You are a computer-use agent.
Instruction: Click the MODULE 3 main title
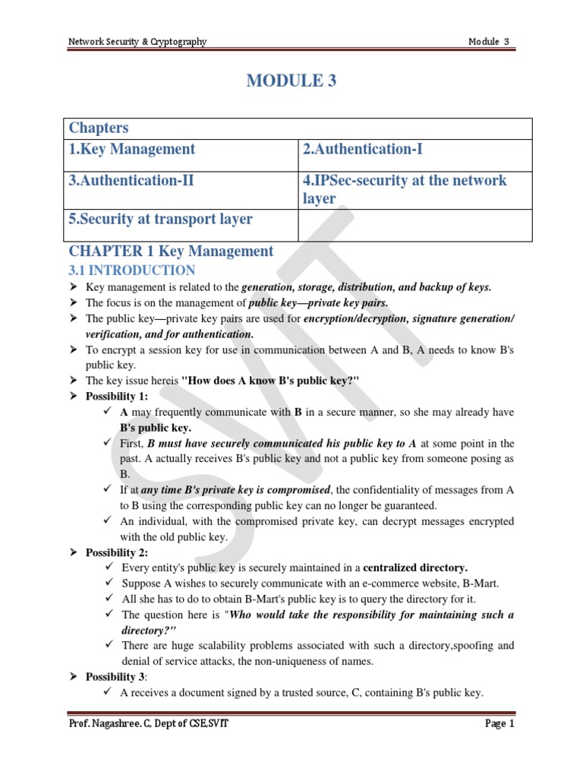291,81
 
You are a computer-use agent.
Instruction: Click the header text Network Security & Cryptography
137,42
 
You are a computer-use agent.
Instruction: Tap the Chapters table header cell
99,128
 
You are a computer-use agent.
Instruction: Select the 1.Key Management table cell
132,150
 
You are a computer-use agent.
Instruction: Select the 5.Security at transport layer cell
161,220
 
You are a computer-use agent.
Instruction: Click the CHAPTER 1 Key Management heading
171,251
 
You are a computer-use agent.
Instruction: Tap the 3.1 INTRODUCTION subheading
132,270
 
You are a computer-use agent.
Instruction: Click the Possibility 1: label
117,397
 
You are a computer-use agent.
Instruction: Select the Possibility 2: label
117,552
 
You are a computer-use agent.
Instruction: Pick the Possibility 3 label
116,676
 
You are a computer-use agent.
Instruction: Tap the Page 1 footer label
499,724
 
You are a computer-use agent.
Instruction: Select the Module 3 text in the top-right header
489,42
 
